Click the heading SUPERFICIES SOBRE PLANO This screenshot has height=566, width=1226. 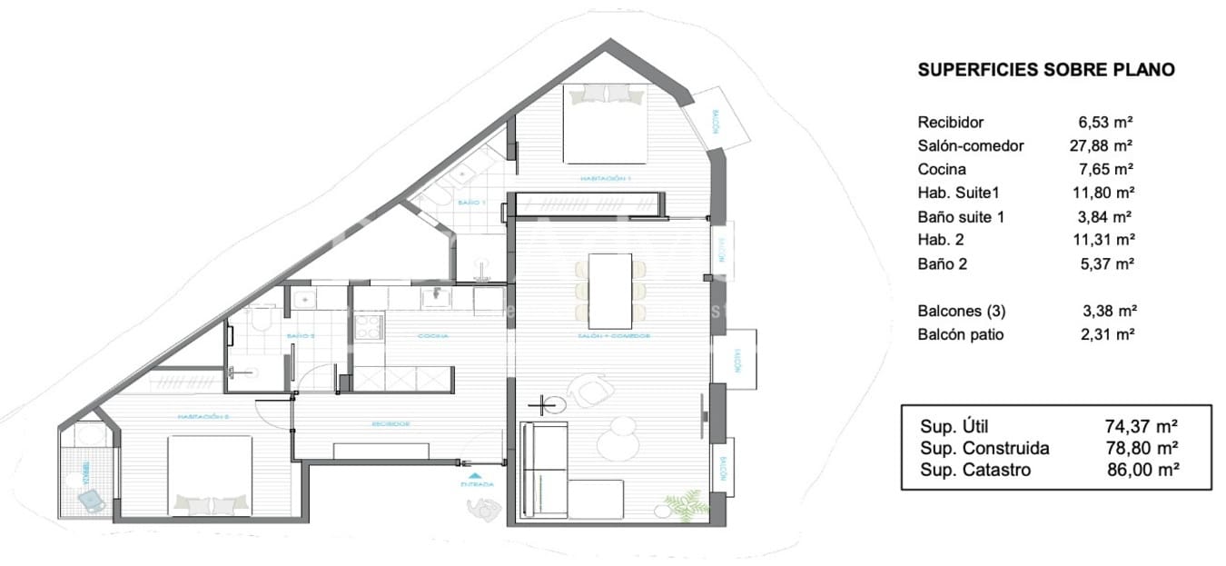coord(1046,70)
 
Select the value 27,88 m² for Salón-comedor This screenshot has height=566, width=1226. coord(1101,145)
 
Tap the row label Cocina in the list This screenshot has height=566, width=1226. coord(942,169)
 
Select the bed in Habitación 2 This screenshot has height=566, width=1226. coord(211,475)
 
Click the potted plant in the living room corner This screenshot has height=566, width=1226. coord(683,504)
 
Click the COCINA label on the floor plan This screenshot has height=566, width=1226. coord(433,336)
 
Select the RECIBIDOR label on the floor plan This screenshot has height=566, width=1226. coord(391,423)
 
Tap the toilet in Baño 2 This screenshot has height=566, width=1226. coord(261,320)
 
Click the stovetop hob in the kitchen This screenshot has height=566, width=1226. coord(368,327)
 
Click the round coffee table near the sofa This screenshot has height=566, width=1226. coord(620,442)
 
